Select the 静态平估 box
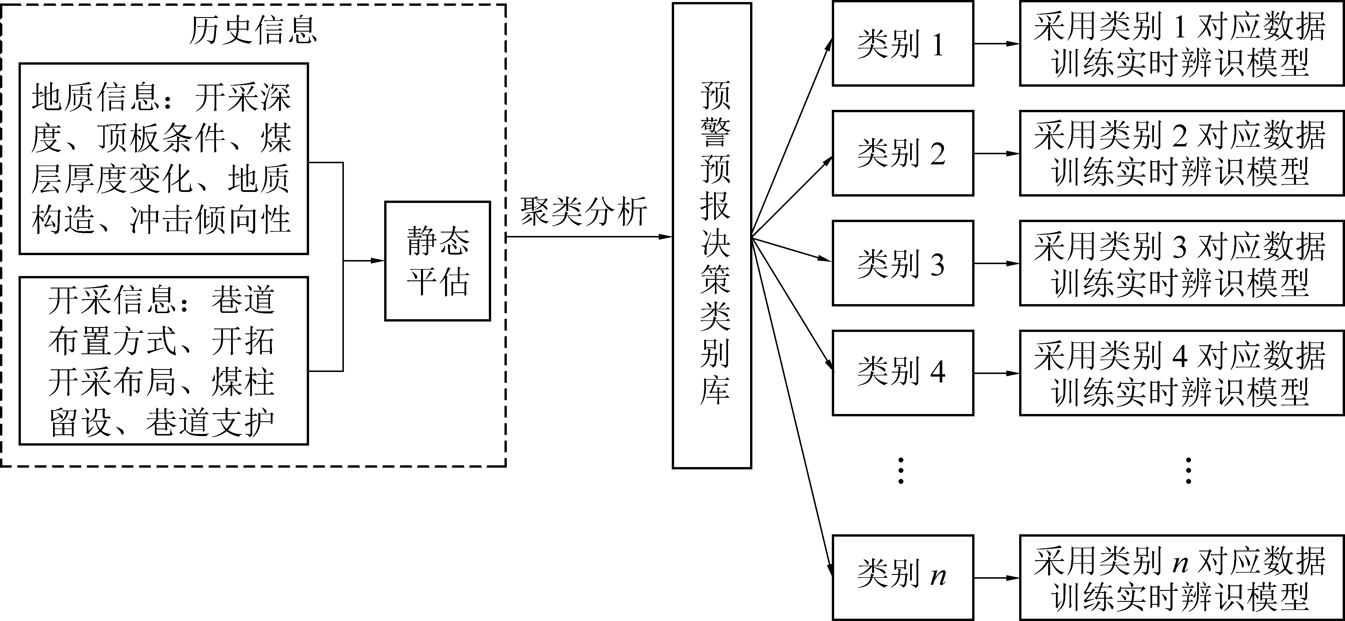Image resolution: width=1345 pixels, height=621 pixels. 438,261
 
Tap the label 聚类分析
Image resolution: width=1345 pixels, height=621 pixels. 583,212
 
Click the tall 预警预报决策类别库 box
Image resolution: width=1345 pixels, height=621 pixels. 712,235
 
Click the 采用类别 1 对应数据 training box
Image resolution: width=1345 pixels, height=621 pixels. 1181,44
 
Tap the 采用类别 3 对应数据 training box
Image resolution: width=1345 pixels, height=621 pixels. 1181,263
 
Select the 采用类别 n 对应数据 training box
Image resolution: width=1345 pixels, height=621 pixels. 1181,578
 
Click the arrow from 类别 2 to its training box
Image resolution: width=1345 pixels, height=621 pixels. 996,154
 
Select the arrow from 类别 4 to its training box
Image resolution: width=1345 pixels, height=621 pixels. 996,373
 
